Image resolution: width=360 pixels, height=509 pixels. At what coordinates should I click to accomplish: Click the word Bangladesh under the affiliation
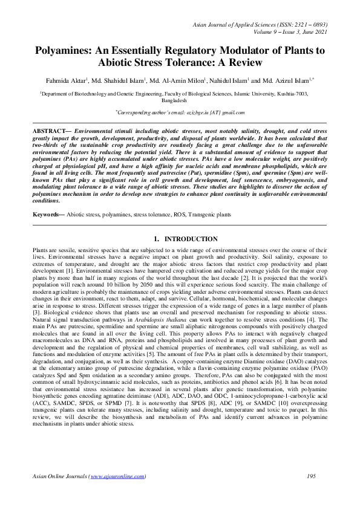[180, 101]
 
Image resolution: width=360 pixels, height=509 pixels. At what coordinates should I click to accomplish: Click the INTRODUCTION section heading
[186, 239]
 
